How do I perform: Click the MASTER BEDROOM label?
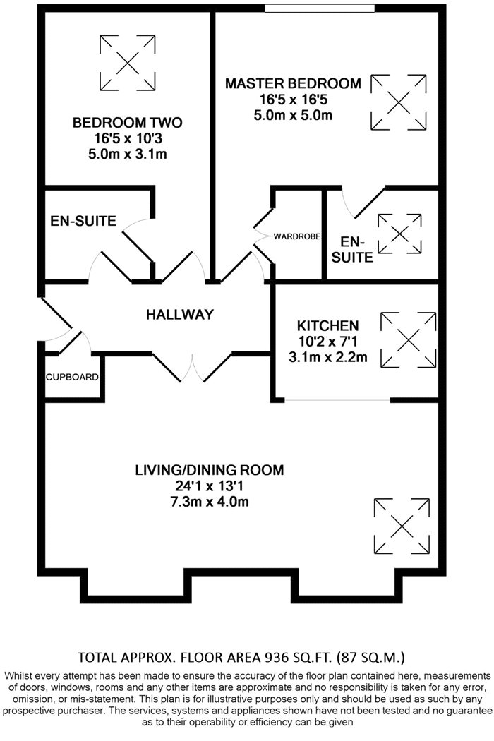pos(293,84)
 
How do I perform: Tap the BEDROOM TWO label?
pos(128,123)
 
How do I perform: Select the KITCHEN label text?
pos(327,325)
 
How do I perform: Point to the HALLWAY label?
pos(180,314)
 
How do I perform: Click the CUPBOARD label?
pos(72,377)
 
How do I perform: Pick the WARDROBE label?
pos(297,236)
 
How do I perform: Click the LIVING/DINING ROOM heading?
pos(210,470)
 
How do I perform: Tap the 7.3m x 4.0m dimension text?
pos(210,501)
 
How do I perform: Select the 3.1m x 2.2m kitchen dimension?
pos(327,357)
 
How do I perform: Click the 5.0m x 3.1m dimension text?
pos(128,154)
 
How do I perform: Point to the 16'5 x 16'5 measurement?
pos(293,100)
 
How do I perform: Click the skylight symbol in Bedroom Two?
pos(128,63)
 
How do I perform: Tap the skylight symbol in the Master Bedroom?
pos(399,102)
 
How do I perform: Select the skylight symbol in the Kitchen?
pos(409,339)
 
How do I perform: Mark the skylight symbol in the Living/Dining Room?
pos(402,526)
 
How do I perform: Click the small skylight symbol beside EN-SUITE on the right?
pos(399,234)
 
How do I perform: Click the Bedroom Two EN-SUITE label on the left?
pos(83,221)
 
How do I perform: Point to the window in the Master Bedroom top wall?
pos(320,8)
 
